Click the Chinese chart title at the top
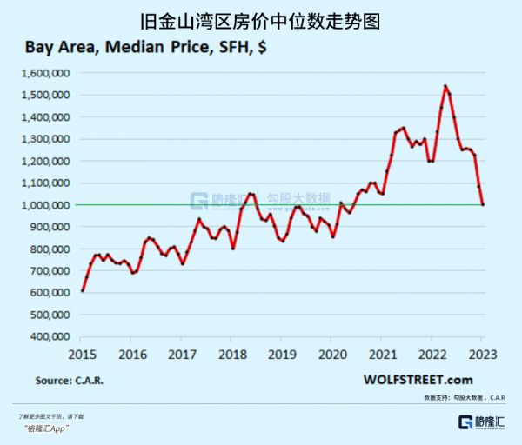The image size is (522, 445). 260,19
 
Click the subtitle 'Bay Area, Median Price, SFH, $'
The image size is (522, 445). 140,48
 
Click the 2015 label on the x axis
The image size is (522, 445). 82,354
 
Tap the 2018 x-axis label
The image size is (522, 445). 231,354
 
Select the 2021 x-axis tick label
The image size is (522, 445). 381,354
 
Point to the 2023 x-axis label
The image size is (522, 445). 482,354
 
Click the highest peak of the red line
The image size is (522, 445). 445,86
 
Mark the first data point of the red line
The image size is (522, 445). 83,290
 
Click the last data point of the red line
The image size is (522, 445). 483,204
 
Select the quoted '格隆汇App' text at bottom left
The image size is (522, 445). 45,428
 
